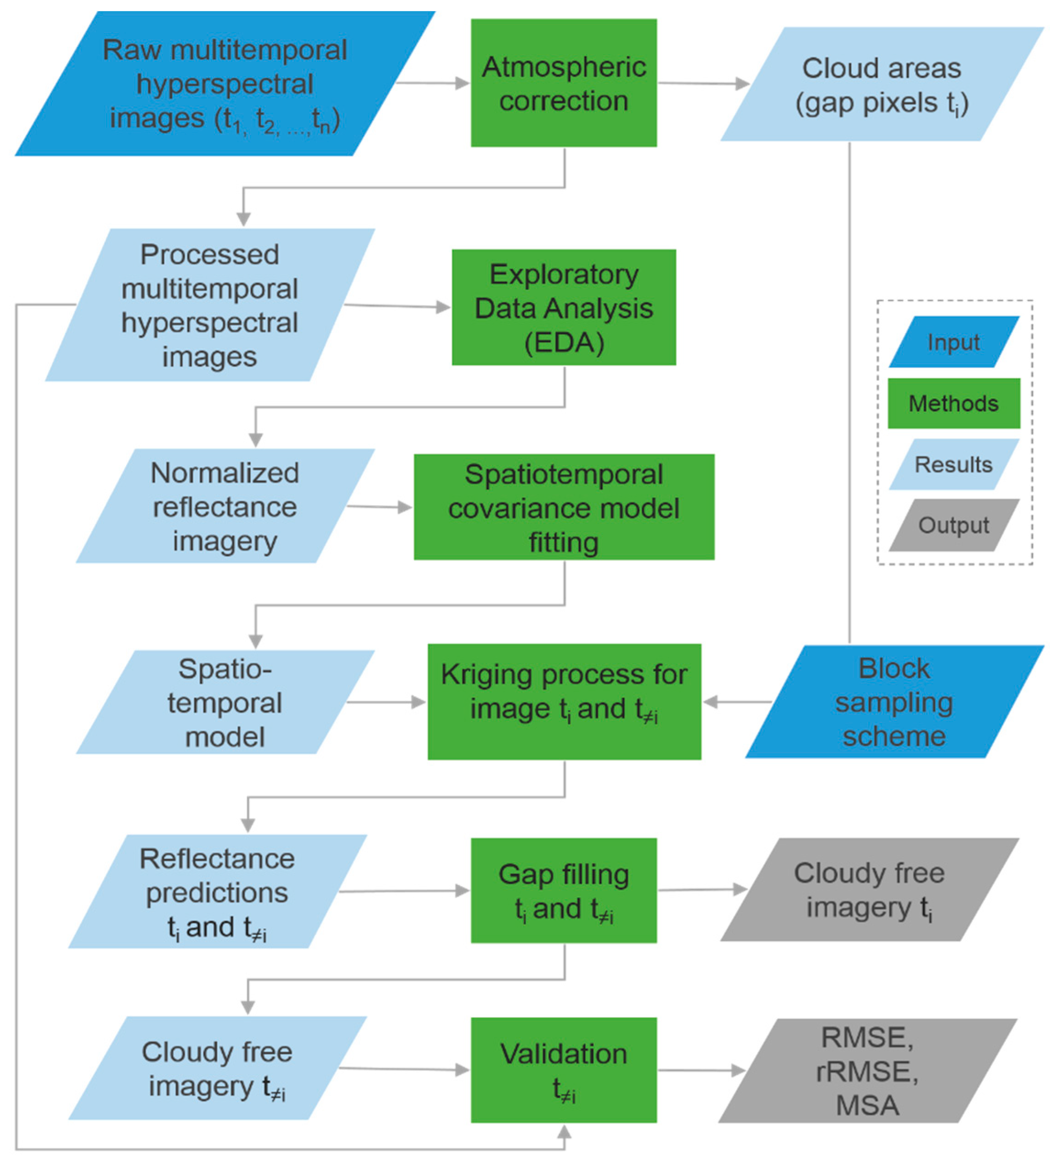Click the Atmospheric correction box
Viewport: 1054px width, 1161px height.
(563, 83)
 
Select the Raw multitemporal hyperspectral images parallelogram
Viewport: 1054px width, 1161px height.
(225, 83)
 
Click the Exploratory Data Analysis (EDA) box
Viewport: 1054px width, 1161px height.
(563, 308)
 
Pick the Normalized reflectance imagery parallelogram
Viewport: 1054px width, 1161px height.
(225, 506)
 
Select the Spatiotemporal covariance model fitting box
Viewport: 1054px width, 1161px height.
(563, 507)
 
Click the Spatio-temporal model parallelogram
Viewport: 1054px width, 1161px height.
(225, 702)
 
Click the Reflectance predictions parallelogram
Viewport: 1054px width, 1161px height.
(217, 891)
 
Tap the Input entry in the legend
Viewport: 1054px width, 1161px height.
(953, 342)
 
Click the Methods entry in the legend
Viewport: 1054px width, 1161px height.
(953, 403)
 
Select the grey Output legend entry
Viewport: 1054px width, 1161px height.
(953, 525)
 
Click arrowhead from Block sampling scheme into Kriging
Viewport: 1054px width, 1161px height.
(710, 702)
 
